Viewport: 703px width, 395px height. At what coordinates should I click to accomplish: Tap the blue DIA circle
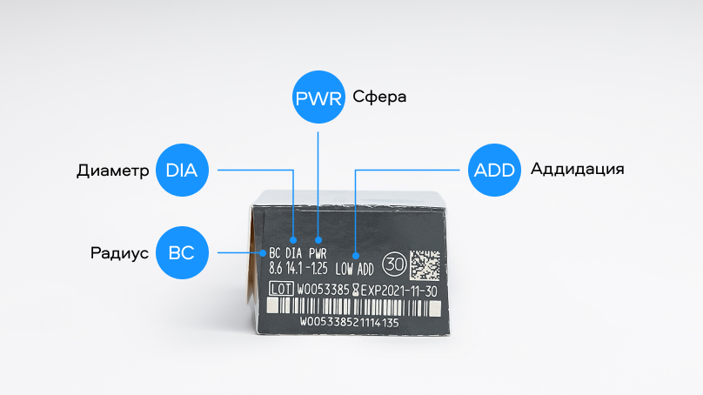click(183, 171)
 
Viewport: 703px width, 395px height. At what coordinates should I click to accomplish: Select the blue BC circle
click(183, 253)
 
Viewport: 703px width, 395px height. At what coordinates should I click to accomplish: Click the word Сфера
click(380, 97)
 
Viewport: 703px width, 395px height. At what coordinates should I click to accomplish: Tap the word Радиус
click(117, 253)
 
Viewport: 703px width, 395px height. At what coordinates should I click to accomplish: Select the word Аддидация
click(577, 169)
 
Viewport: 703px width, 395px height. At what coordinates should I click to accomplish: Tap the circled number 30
click(393, 263)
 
